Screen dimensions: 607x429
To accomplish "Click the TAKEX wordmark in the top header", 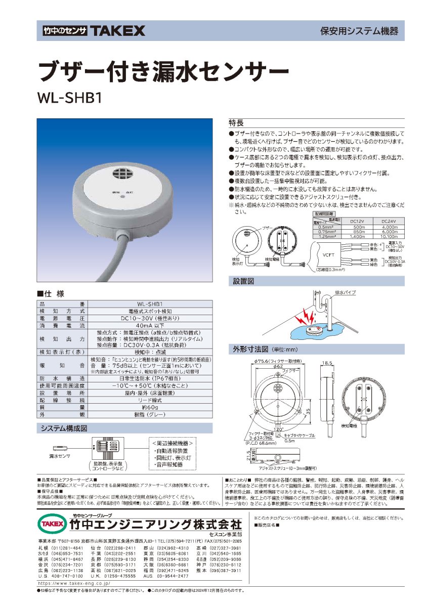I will [117, 31].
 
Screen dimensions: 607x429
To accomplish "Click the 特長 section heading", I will [237, 122].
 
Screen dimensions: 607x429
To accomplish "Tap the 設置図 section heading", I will [243, 281].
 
